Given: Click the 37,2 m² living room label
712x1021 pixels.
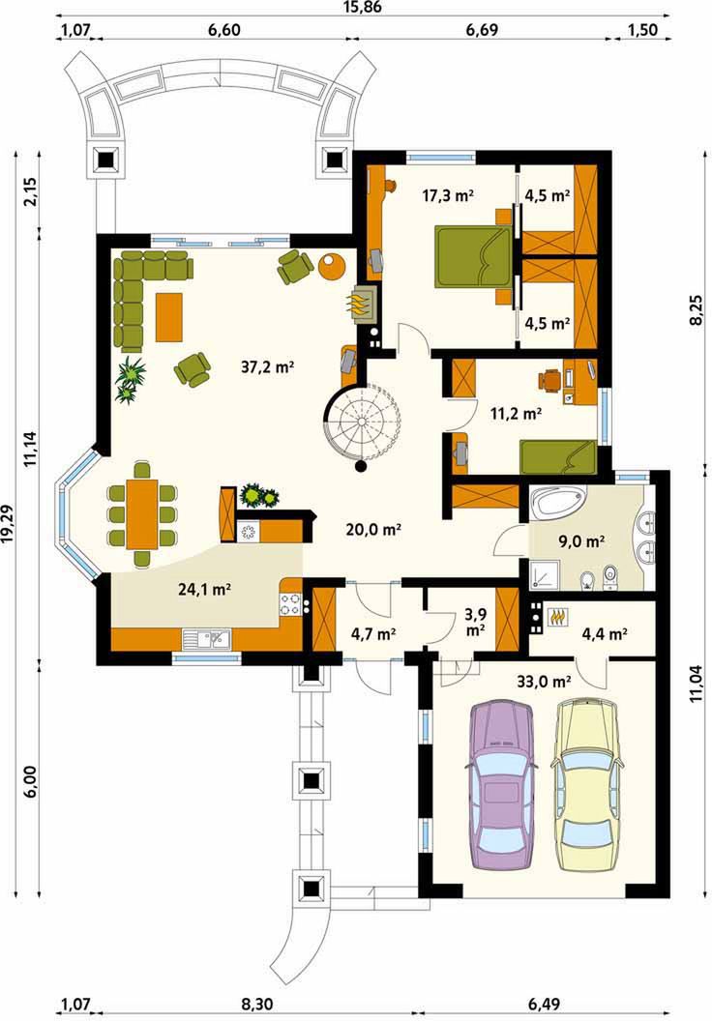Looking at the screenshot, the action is tap(267, 367).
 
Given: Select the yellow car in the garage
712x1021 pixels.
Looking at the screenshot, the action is tap(588, 784).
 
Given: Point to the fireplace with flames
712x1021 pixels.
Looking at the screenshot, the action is tap(362, 305).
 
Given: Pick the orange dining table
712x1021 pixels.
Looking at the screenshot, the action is tap(142, 513).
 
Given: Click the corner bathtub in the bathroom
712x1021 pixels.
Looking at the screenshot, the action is tap(559, 504).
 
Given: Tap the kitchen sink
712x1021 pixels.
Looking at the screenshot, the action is tap(206, 640).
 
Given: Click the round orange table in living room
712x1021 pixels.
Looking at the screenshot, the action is tap(332, 265).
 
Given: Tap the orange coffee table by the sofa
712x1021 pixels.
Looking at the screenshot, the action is tap(168, 317).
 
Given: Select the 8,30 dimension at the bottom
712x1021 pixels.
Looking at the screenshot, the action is tap(257, 1004).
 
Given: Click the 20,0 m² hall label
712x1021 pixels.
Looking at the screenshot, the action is tap(373, 530).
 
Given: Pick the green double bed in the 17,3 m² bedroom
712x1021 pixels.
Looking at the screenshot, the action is tap(474, 256).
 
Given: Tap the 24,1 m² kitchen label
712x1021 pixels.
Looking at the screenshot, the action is tap(205, 589).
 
